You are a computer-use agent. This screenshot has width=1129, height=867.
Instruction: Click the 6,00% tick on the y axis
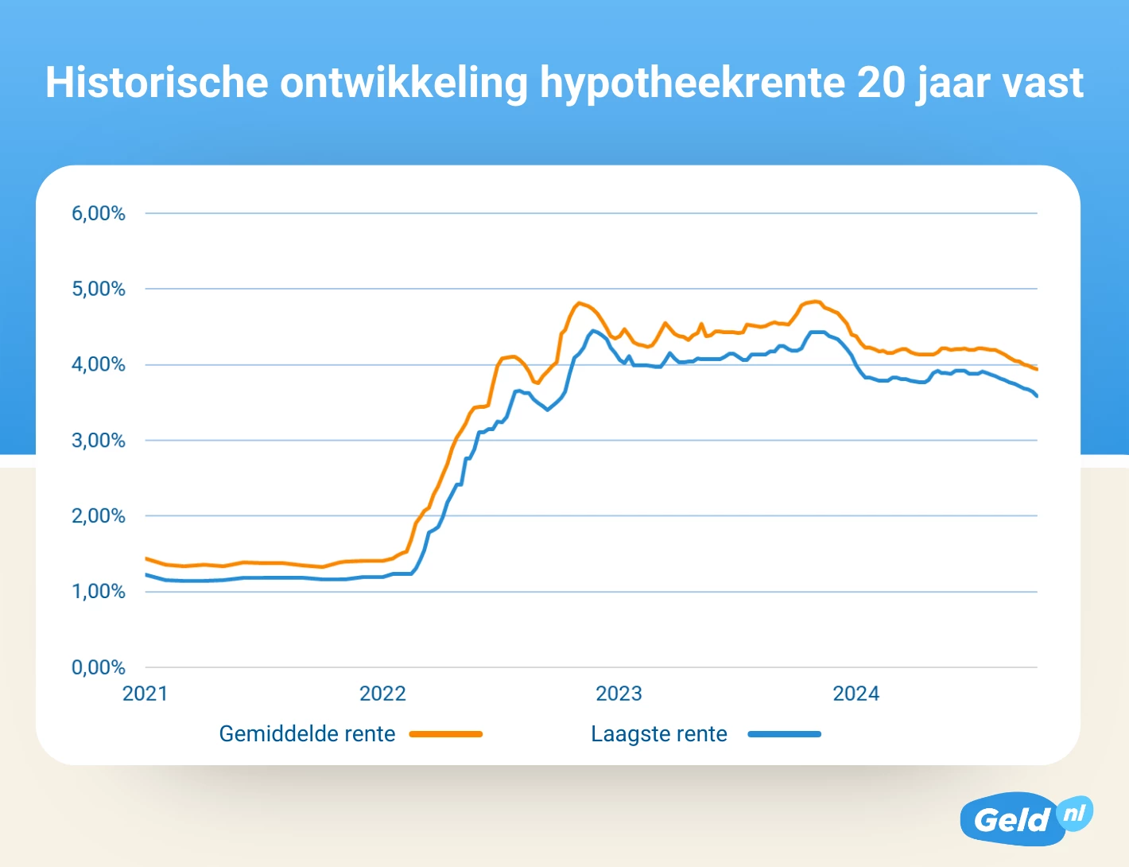tap(99, 213)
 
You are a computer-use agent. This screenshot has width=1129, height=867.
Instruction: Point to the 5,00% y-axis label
tap(99, 289)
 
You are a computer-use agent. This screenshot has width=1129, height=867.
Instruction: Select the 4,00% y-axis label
tap(99, 364)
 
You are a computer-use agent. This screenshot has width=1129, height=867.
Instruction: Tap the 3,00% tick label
tap(99, 440)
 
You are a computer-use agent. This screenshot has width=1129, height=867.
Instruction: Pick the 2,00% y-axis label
tap(99, 515)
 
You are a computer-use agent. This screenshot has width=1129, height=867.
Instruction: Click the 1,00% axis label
tap(99, 591)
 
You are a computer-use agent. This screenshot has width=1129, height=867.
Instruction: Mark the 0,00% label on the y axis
tap(99, 667)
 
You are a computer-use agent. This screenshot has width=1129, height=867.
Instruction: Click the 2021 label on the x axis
tap(145, 694)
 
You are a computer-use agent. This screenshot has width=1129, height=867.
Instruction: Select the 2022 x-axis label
tap(382, 694)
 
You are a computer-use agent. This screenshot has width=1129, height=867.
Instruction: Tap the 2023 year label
tap(619, 694)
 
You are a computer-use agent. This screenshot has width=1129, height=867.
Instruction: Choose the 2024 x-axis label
tap(855, 694)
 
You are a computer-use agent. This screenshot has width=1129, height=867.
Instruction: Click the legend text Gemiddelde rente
tap(307, 733)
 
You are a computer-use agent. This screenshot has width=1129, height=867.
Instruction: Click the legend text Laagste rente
tap(658, 733)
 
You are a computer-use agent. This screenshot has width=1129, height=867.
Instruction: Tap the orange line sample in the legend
tap(446, 734)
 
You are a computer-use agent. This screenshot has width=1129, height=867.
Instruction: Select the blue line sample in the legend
tap(784, 734)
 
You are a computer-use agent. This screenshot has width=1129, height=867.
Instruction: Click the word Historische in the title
tap(157, 82)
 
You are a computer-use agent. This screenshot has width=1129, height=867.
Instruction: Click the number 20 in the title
tap(881, 82)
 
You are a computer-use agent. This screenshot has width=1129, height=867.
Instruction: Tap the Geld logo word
tap(1011, 820)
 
